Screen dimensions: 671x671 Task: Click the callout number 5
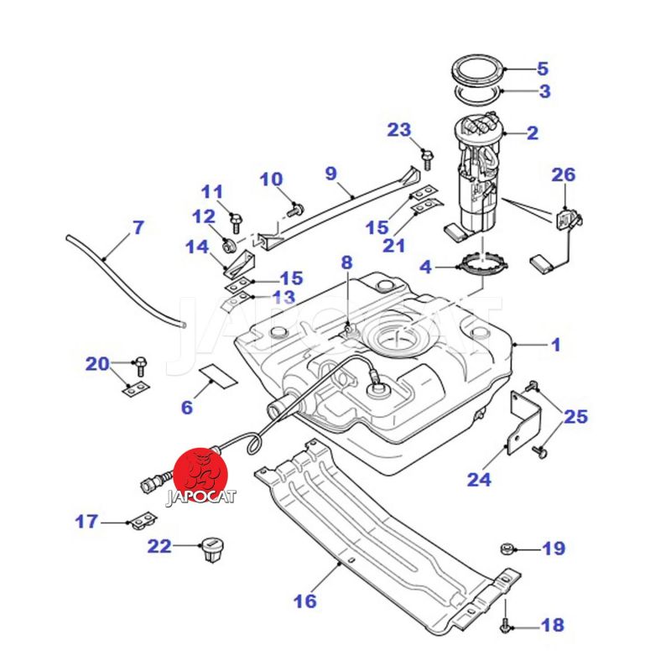[x=543, y=68]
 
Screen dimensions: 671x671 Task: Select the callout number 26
[x=564, y=175]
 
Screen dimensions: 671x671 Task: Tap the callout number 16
[x=304, y=601]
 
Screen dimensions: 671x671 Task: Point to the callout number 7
[x=138, y=227]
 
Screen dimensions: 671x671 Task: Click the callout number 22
[x=159, y=547]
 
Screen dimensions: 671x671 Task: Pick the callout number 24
[x=480, y=480]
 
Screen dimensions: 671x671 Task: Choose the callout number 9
[x=330, y=174]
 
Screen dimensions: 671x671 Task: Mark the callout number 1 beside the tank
[x=556, y=344]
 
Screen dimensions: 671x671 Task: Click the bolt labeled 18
[x=506, y=625]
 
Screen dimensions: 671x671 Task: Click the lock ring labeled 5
[x=476, y=67]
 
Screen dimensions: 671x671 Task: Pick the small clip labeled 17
[x=141, y=521]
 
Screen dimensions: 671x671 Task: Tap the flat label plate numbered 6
[x=216, y=374]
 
